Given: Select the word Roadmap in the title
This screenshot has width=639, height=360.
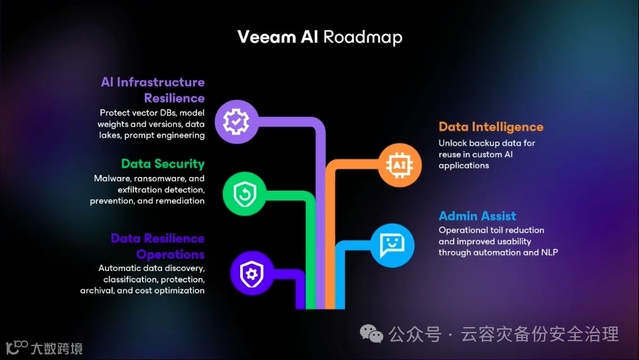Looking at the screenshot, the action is tap(362, 37).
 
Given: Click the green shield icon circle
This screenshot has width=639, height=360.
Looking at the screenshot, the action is tap(244, 194).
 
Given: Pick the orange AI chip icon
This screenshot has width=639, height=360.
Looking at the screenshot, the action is tap(400, 164).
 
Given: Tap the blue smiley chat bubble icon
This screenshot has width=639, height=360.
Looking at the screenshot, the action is tap(392, 245).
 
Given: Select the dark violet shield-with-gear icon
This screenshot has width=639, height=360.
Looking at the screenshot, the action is tap(252, 274).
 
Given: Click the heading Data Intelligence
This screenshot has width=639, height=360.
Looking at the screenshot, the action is tap(490, 127).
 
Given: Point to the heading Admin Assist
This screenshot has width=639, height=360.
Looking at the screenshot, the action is tap(477, 216).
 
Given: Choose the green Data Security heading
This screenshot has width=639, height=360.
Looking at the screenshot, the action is tap(163, 163).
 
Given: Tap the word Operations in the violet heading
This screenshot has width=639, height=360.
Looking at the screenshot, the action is tap(170, 254).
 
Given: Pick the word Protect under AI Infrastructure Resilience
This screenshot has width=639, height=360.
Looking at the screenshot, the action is tap(116, 113).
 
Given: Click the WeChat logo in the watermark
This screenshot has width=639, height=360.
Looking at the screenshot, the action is tap(371, 333).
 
